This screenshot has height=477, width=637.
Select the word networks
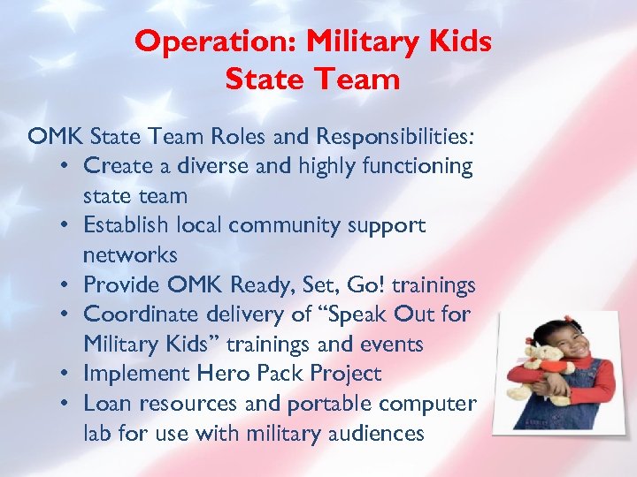(x=130, y=255)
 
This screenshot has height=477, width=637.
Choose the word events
(x=392, y=344)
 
